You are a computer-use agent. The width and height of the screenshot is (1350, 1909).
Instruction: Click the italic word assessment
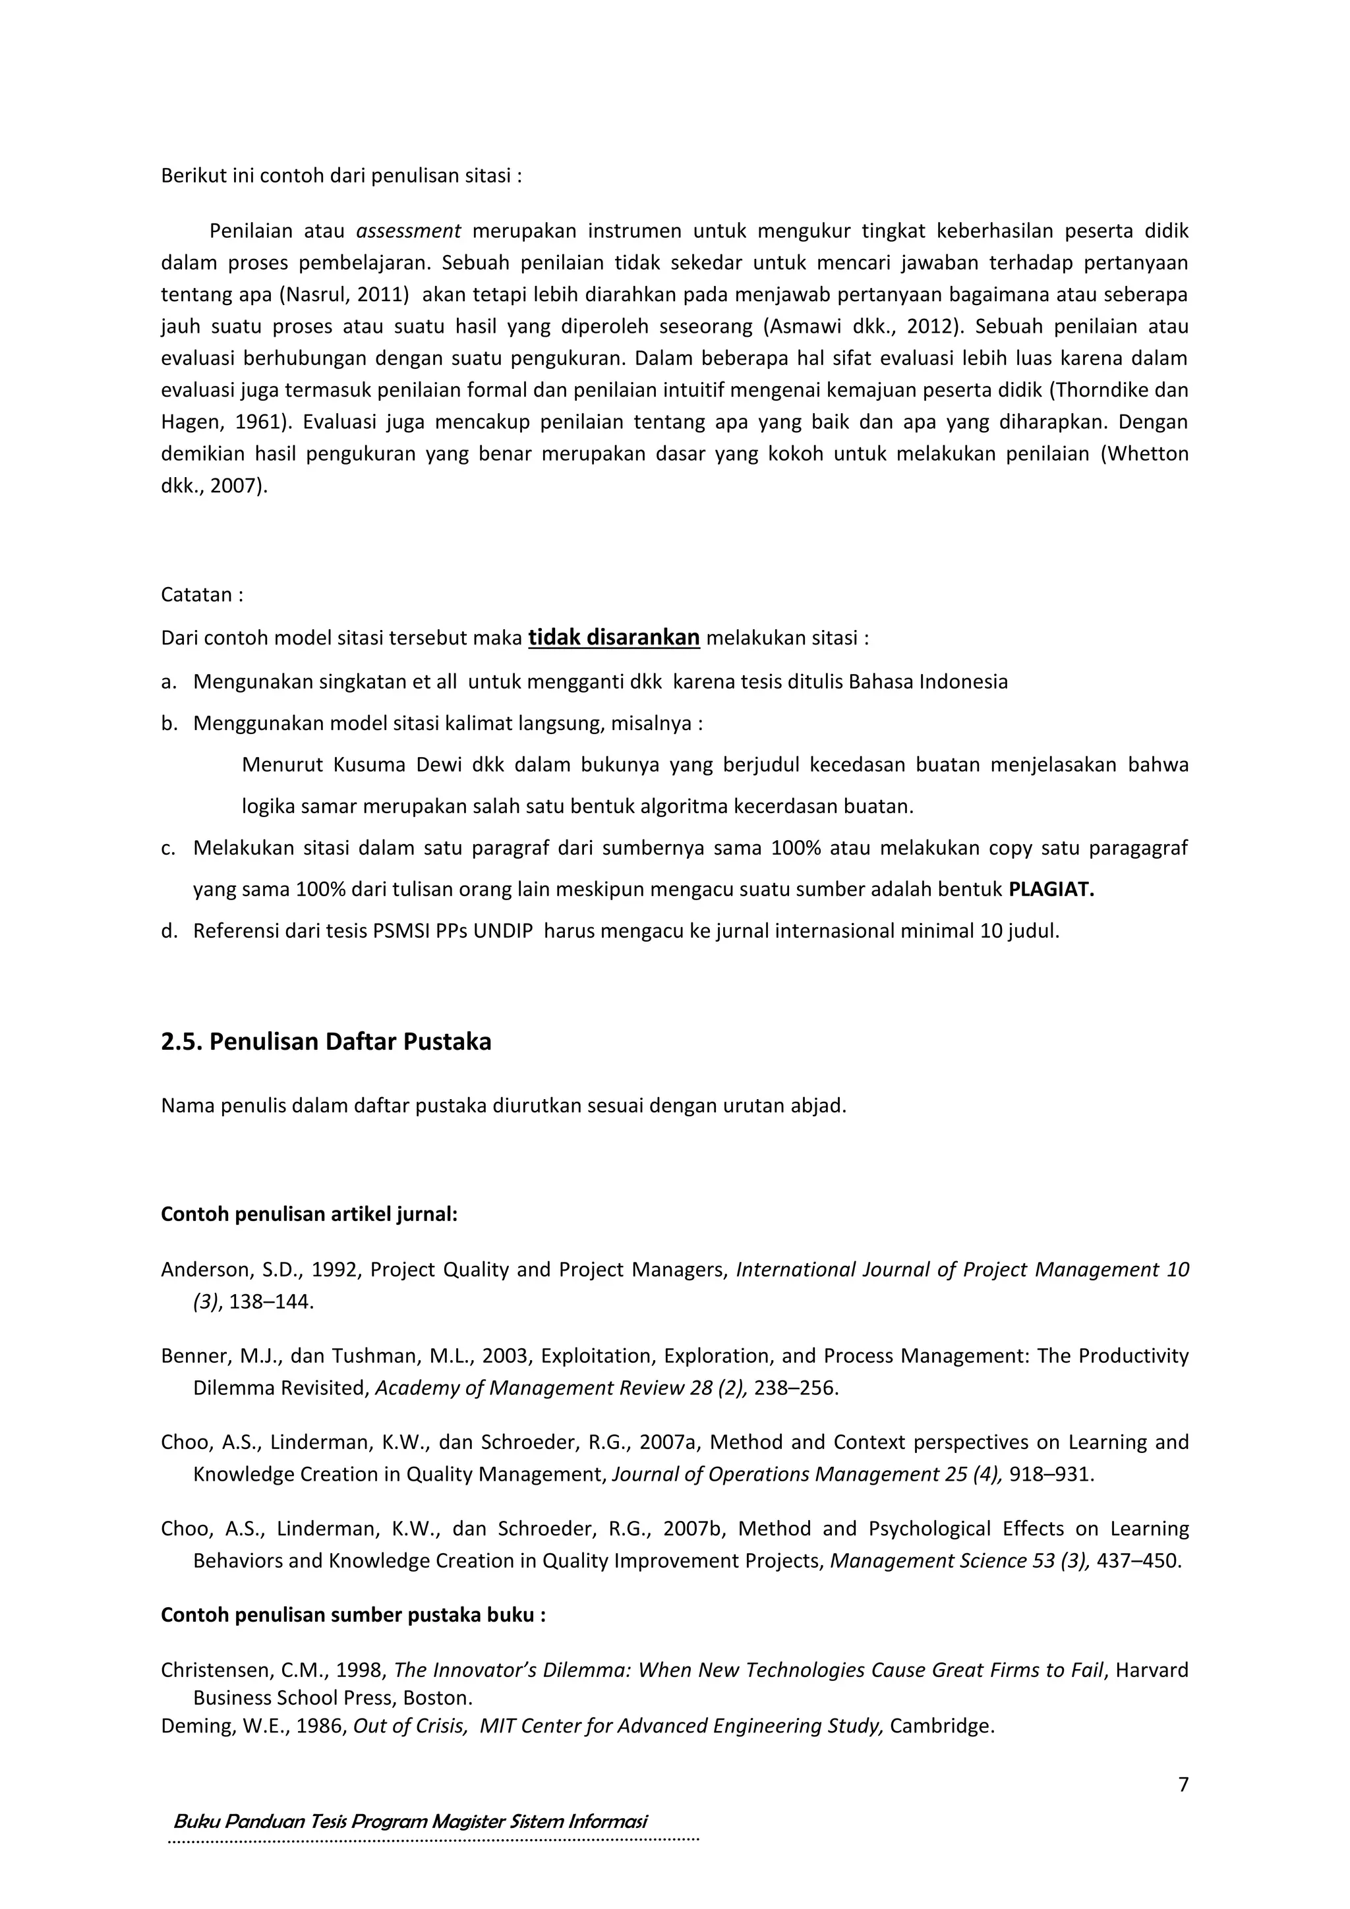pos(407,231)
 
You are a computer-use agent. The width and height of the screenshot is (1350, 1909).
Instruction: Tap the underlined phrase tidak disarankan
pos(614,638)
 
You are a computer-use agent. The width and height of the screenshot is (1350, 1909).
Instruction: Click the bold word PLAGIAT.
pos(1051,890)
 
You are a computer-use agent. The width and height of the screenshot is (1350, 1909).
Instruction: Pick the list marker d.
pos(169,931)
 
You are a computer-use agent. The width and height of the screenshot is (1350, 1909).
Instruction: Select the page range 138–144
pos(271,1301)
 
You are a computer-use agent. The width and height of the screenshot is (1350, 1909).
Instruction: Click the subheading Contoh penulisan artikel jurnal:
pos(308,1214)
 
